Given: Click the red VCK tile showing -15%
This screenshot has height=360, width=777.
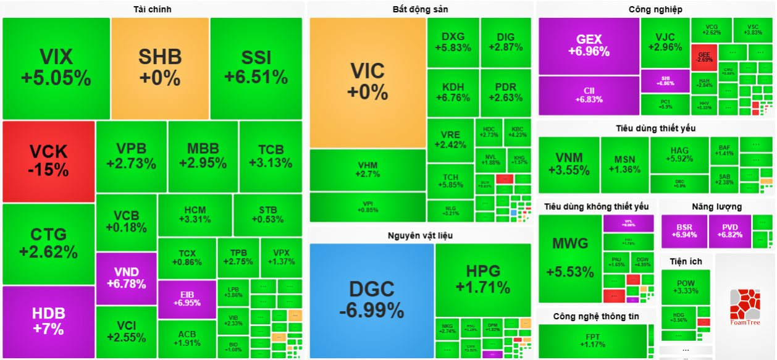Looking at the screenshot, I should pyautogui.click(x=49, y=161).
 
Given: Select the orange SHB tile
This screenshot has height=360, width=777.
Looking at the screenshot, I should pyautogui.click(x=160, y=68).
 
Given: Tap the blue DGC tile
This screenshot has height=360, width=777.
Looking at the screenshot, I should pyautogui.click(x=371, y=299).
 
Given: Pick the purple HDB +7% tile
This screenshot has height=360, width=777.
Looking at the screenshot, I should pyautogui.click(x=49, y=321).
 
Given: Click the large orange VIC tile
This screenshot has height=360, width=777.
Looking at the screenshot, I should pyautogui.click(x=367, y=82).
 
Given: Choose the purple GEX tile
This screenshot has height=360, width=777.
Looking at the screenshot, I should pyautogui.click(x=589, y=46).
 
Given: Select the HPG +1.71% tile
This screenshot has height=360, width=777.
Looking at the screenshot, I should pyautogui.click(x=483, y=279).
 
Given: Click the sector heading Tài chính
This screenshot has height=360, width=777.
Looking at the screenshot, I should pyautogui.click(x=153, y=9).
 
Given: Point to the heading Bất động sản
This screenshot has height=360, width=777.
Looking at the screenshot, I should pyautogui.click(x=420, y=9).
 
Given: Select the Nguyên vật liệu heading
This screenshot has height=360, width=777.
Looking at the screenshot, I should pyautogui.click(x=420, y=235).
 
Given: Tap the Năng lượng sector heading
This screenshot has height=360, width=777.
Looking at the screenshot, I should pyautogui.click(x=716, y=206).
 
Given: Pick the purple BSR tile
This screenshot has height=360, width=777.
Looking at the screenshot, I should pyautogui.click(x=684, y=231).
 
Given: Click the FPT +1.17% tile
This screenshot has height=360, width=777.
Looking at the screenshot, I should pyautogui.click(x=592, y=341).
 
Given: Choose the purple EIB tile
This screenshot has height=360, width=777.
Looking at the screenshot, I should pyautogui.click(x=187, y=299).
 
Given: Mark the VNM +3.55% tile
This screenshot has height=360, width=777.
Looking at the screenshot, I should pyautogui.click(x=569, y=165).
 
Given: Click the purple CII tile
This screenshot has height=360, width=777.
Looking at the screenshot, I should pyautogui.click(x=589, y=95).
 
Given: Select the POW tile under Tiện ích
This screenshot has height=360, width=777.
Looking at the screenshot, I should pyautogui.click(x=686, y=287).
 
